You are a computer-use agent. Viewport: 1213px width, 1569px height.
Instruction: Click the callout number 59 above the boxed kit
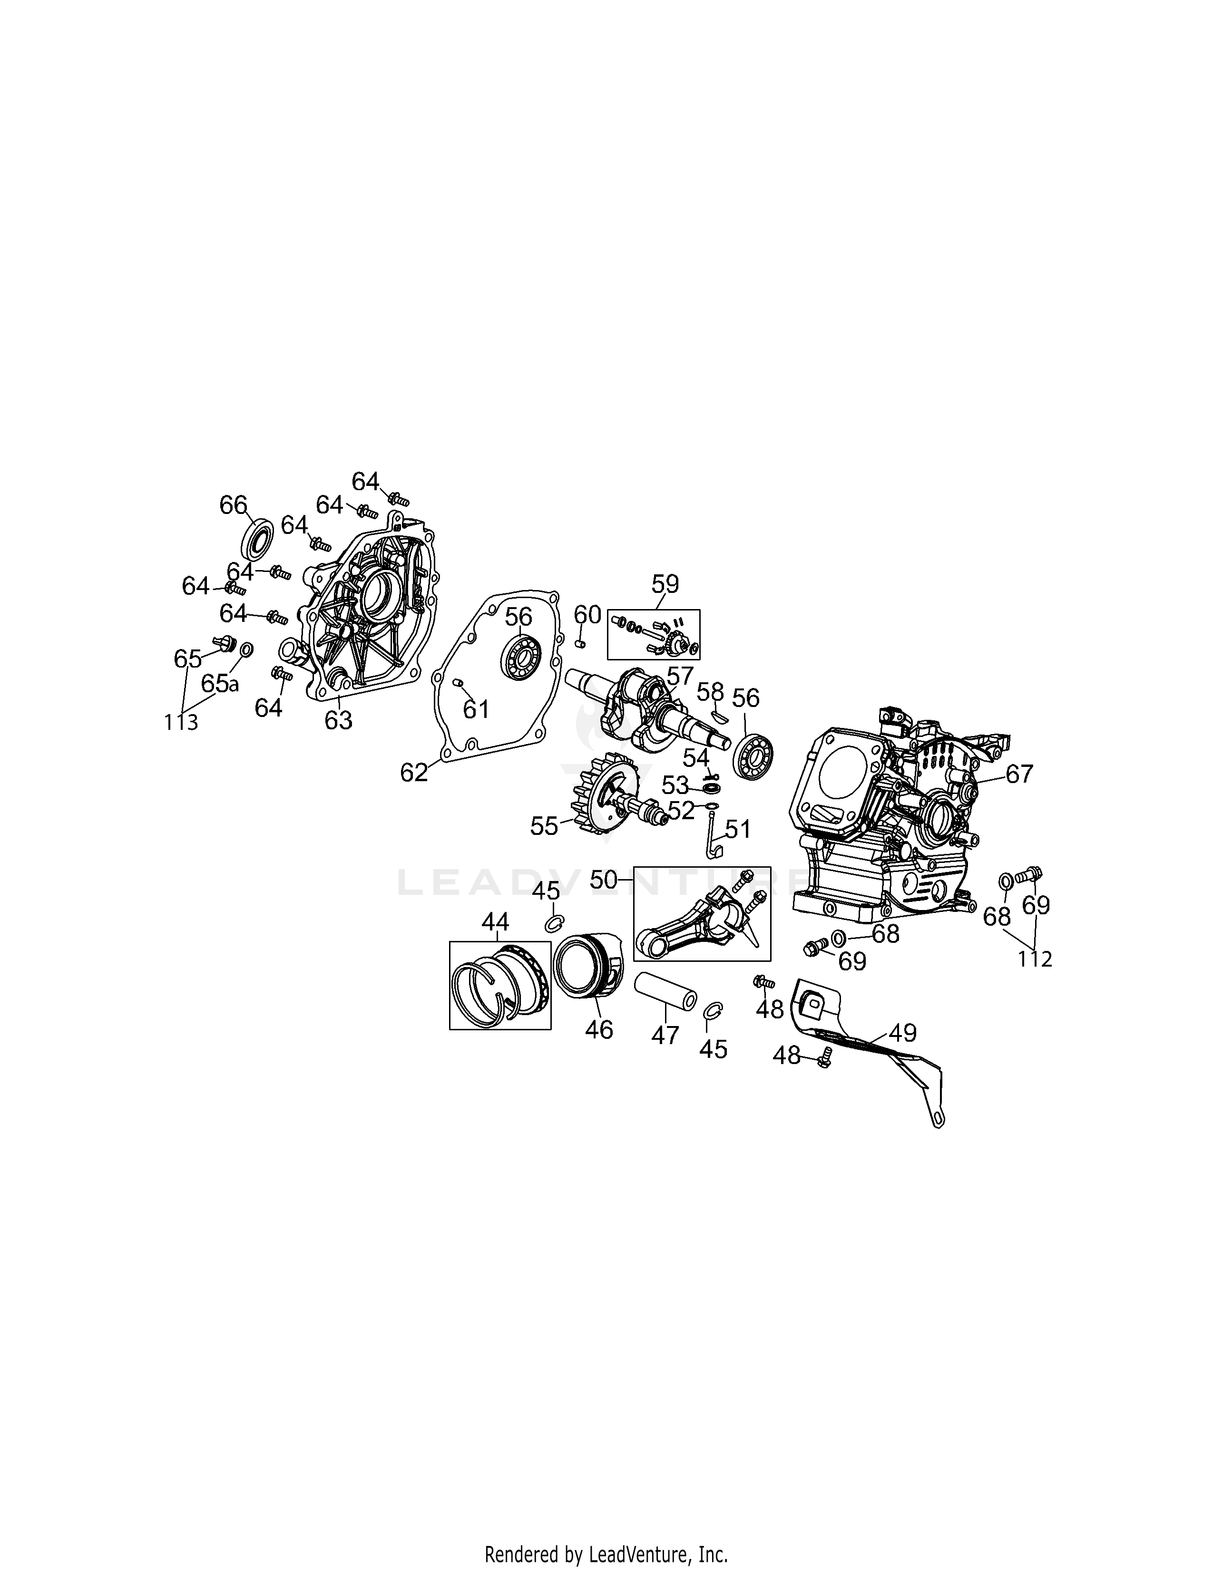point(665,583)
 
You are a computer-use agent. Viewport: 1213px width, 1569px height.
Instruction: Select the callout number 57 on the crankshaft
point(679,676)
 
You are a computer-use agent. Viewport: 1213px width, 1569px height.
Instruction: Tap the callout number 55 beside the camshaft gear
point(544,826)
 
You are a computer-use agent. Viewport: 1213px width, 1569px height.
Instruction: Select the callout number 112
point(1035,959)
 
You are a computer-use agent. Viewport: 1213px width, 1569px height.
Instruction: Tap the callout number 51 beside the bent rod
point(737,829)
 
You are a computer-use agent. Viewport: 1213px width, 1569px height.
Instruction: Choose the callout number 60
point(587,614)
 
